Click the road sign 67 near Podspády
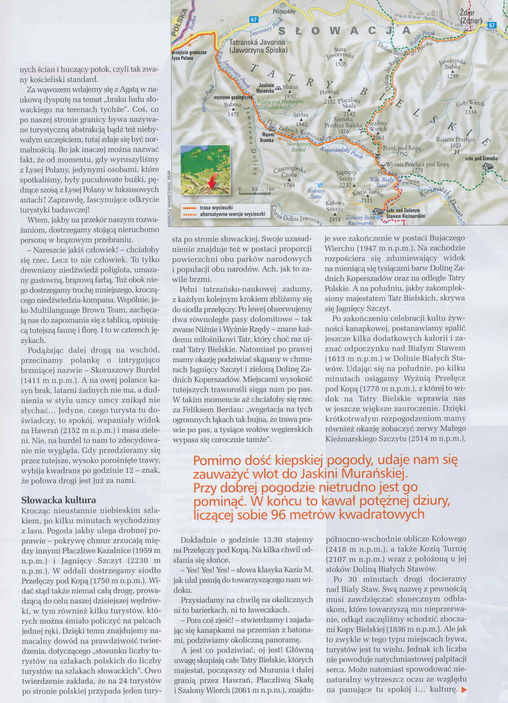[254, 20]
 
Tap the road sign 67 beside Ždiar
[492, 25]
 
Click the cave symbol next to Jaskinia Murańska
[278, 88]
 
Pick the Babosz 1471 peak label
[233, 109]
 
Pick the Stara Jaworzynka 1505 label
[340, 57]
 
